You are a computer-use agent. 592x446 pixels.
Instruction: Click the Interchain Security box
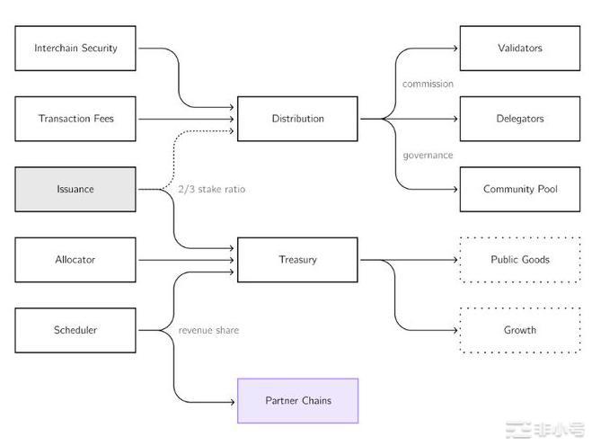click(x=75, y=48)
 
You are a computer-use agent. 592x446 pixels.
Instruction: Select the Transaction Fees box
click(x=75, y=119)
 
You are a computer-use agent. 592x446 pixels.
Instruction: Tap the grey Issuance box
click(x=75, y=189)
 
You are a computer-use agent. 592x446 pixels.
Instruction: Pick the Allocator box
click(x=75, y=260)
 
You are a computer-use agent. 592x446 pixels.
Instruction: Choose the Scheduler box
click(x=75, y=330)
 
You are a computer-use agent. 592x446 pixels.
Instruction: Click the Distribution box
click(x=297, y=119)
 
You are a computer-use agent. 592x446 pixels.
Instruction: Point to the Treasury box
click(x=297, y=260)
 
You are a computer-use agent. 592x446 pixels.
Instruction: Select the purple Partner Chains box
click(x=297, y=401)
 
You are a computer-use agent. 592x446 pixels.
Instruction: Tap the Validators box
click(x=519, y=48)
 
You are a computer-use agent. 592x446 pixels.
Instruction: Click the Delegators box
click(x=519, y=119)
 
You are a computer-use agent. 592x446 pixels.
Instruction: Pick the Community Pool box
click(x=519, y=189)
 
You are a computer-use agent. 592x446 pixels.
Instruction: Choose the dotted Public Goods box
click(x=519, y=260)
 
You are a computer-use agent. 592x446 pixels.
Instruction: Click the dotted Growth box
click(x=519, y=330)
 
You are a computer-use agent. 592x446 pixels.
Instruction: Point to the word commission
click(x=428, y=84)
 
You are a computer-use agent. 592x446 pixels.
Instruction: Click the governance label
click(x=428, y=155)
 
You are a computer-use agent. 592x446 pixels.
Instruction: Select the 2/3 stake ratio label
click(x=211, y=190)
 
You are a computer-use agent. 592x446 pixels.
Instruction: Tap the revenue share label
click(x=208, y=330)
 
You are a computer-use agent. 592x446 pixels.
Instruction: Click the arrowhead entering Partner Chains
click(x=233, y=401)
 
